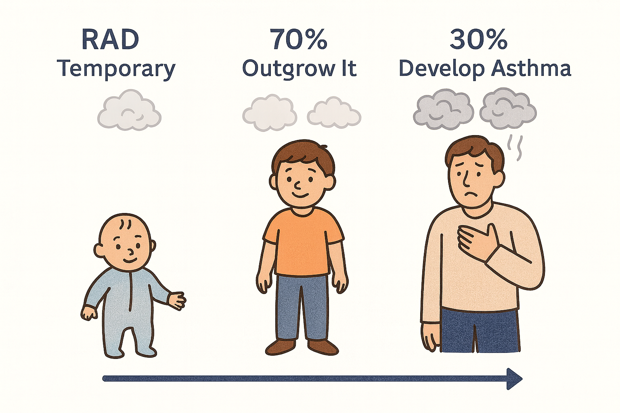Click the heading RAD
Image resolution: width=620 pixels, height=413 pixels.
(x=110, y=40)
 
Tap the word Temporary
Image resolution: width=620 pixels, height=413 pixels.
(x=116, y=69)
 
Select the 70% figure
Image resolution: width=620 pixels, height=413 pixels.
(x=299, y=40)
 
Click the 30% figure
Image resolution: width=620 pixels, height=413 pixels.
(x=478, y=40)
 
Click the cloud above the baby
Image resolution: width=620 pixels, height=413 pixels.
(x=129, y=111)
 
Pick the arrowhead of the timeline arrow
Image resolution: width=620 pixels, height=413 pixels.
(x=514, y=379)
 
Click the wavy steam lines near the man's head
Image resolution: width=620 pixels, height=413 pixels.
(x=515, y=147)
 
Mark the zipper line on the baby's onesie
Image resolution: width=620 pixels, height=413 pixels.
(x=130, y=290)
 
